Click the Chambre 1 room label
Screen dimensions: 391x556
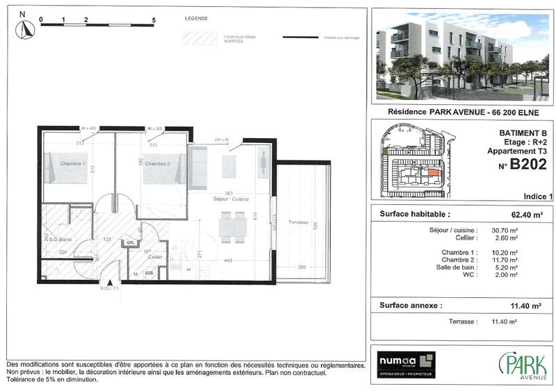click(72, 164)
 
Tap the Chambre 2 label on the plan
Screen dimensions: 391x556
click(157, 164)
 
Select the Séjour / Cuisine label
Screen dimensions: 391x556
click(231, 199)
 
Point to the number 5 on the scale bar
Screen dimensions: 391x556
click(153, 19)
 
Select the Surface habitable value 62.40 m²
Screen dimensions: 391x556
click(526, 215)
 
